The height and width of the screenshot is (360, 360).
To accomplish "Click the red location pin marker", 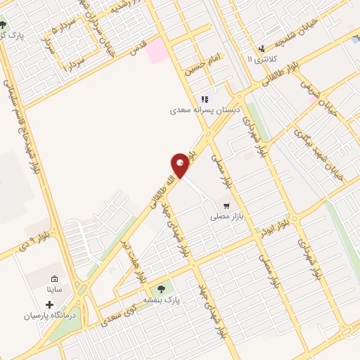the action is (x=181, y=165).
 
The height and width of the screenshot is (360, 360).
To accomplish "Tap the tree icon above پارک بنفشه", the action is (x=163, y=288).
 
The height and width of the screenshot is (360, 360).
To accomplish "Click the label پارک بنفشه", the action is (x=163, y=300).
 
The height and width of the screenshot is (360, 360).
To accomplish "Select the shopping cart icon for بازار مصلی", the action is (x=226, y=206).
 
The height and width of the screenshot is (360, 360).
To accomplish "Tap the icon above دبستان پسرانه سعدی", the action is (x=205, y=99).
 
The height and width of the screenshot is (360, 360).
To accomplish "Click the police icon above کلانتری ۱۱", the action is (x=262, y=49).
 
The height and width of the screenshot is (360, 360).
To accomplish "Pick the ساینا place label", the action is (x=55, y=289).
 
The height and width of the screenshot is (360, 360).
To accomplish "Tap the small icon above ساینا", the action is (x=55, y=278).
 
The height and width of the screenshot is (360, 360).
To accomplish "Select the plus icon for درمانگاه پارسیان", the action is (x=49, y=305).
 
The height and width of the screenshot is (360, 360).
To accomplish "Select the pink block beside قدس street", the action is (x=157, y=49).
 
